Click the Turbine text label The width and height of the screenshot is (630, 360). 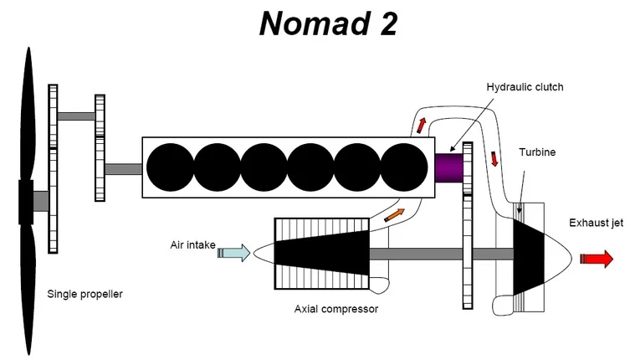pyautogui.click(x=537, y=153)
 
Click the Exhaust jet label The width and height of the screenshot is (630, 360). pyautogui.click(x=596, y=223)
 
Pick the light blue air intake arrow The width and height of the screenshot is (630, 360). pyautogui.click(x=233, y=251)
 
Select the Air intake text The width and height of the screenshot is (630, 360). pyautogui.click(x=192, y=245)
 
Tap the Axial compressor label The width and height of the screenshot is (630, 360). pyautogui.click(x=336, y=308)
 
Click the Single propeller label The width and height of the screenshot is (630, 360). pyautogui.click(x=85, y=294)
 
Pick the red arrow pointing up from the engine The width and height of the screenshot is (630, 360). pyautogui.click(x=421, y=126)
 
